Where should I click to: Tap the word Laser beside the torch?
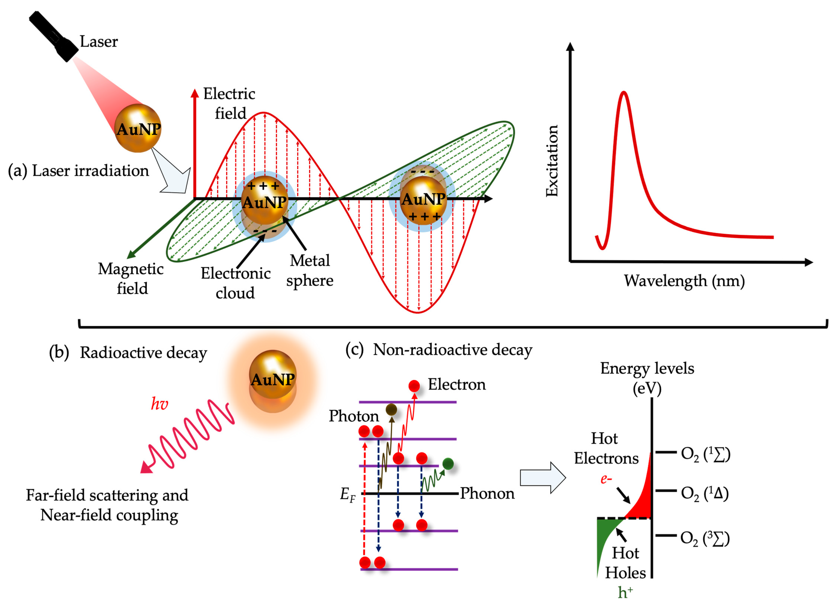click(x=98, y=42)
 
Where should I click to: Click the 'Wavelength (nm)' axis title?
click(x=684, y=281)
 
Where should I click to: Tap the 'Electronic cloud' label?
click(x=236, y=283)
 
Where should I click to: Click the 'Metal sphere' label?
click(x=310, y=270)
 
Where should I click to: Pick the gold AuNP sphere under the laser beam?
click(x=138, y=128)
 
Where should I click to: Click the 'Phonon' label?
click(x=487, y=494)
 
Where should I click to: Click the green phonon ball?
click(x=448, y=464)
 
